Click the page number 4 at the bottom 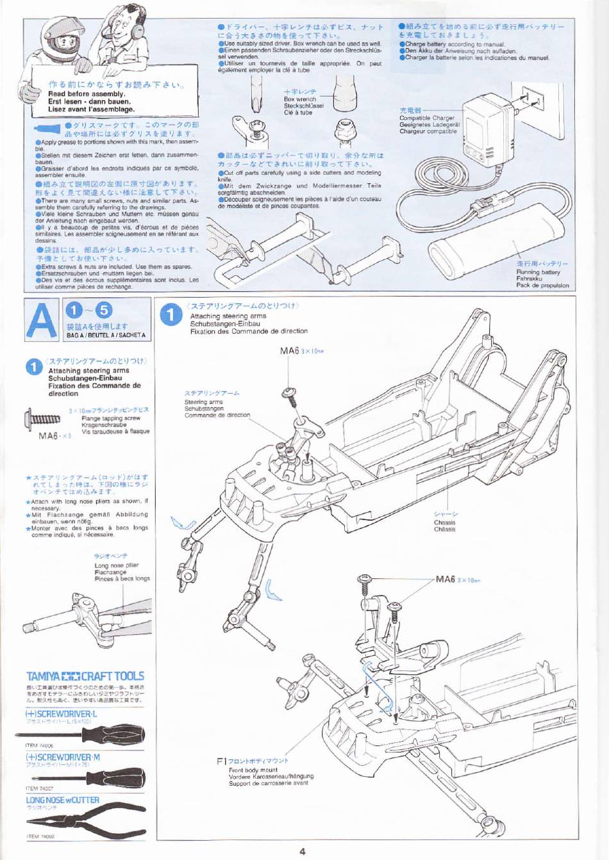[302, 851]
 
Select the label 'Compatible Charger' [426, 118]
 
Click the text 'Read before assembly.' [87, 94]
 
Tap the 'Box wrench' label [300, 99]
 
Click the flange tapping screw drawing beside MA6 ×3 [42, 419]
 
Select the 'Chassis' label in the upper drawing [444, 523]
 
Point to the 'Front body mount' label [253, 770]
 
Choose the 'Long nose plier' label [116, 565]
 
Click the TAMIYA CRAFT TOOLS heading [85, 676]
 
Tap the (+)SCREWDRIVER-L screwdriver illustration [96, 734]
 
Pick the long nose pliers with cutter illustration [90, 821]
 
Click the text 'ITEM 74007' [40, 789]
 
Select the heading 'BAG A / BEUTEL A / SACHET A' [106, 335]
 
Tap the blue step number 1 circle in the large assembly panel [171, 315]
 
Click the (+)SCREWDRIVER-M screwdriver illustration [96, 777]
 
